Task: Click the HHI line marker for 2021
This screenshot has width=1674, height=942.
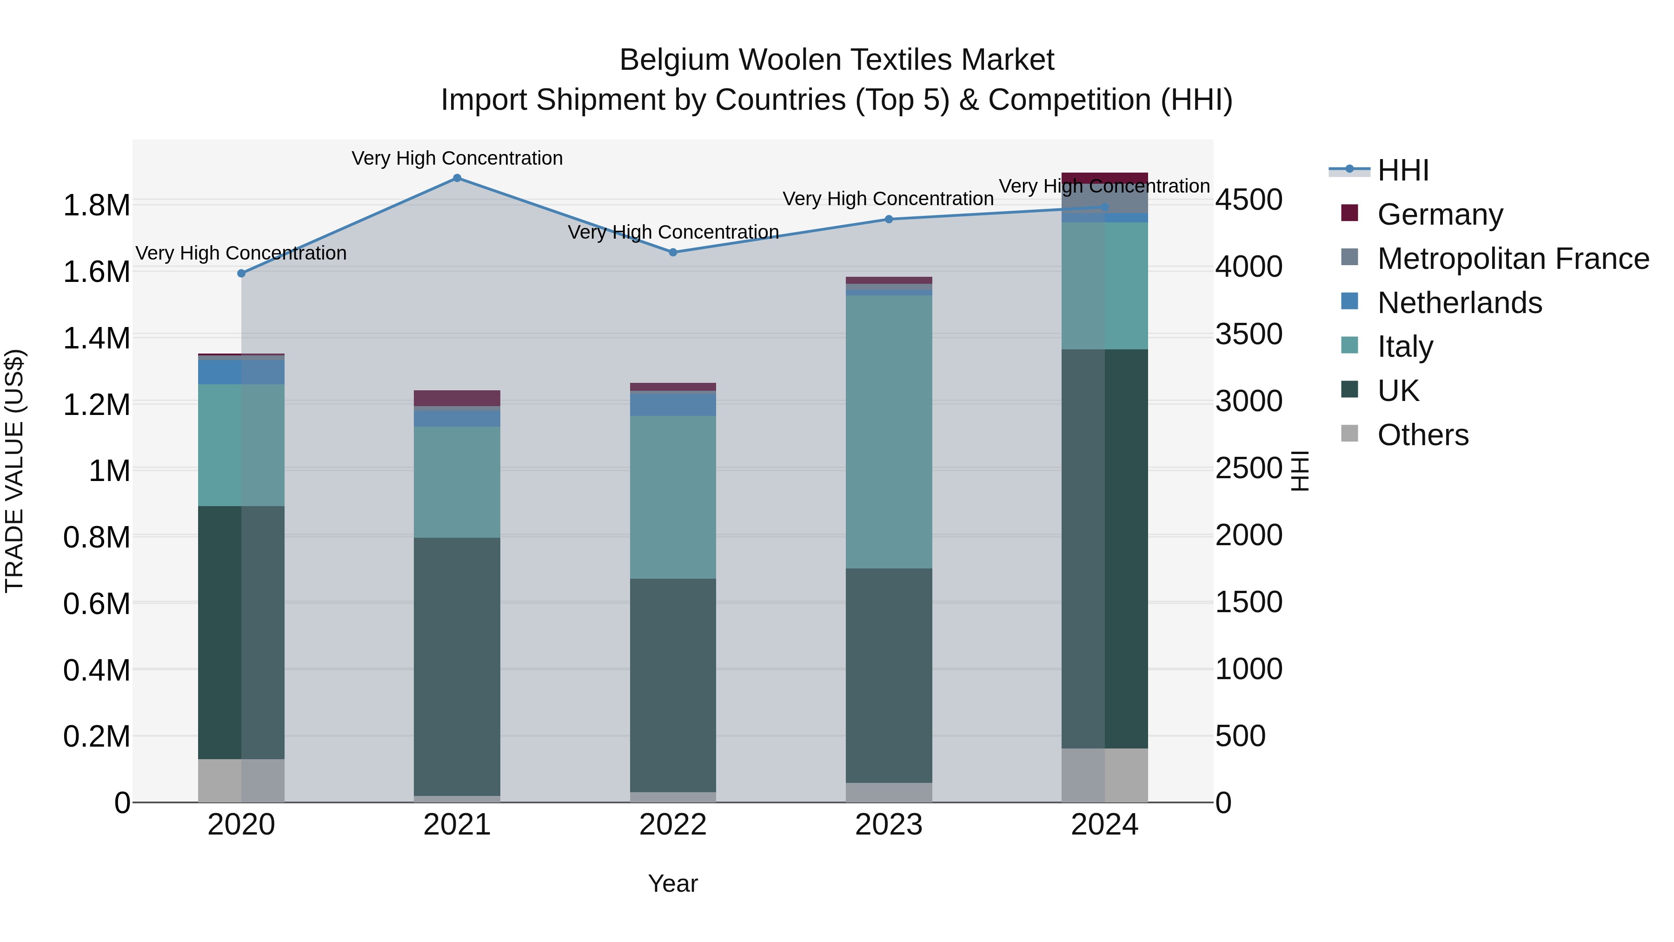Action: pyautogui.click(x=457, y=178)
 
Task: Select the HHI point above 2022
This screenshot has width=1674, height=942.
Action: pyautogui.click(x=673, y=252)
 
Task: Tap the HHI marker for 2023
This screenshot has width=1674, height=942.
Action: pyautogui.click(x=889, y=219)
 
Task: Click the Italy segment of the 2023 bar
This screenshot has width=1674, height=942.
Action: pyautogui.click(x=889, y=432)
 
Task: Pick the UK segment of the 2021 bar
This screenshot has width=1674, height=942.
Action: pyautogui.click(x=457, y=666)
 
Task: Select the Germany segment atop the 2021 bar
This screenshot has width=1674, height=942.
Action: pyautogui.click(x=457, y=398)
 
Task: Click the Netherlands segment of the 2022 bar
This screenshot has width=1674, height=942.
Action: pyautogui.click(x=673, y=404)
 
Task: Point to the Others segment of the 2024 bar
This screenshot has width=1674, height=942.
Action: pyautogui.click(x=1105, y=775)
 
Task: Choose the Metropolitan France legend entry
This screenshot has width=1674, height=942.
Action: pyautogui.click(x=1513, y=259)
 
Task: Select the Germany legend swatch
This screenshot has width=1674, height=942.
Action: pyautogui.click(x=1349, y=213)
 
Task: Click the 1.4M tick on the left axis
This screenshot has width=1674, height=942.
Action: pyautogui.click(x=96, y=339)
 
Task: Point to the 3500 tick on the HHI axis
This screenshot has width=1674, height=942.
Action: pyautogui.click(x=1249, y=334)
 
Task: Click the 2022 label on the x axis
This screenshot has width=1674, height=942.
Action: pyautogui.click(x=673, y=825)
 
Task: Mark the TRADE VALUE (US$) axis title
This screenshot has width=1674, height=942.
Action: pyautogui.click(x=14, y=471)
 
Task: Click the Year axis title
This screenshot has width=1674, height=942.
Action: pyautogui.click(x=673, y=883)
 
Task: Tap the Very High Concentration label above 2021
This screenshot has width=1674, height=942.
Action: pyautogui.click(x=457, y=158)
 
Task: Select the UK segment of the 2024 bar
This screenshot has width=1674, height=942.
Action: pyautogui.click(x=1105, y=549)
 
